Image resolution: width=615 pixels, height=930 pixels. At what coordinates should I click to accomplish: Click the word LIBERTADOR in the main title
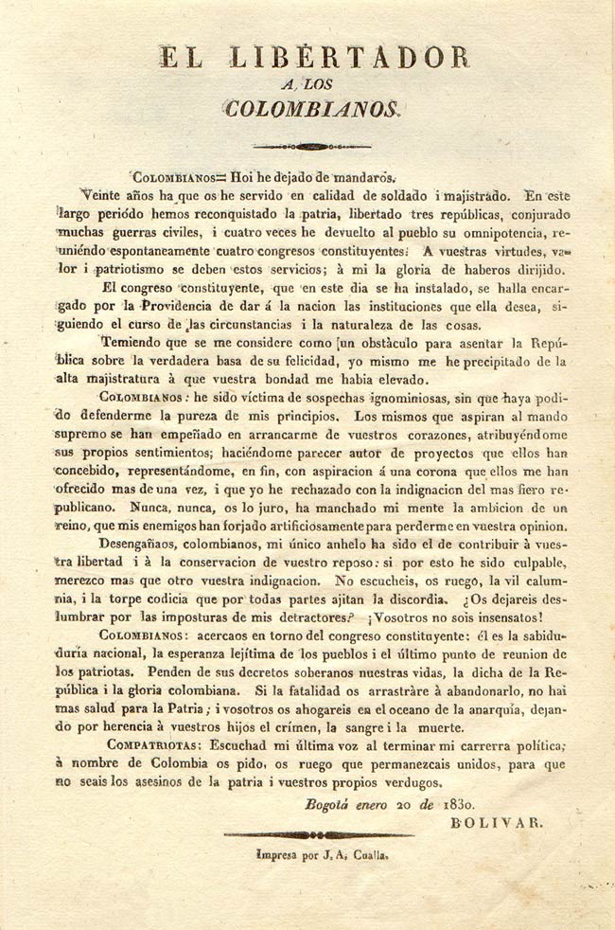point(351,58)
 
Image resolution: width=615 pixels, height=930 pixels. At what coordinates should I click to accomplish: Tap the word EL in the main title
point(180,58)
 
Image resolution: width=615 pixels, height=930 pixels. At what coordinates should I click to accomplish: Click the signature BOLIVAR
point(495,822)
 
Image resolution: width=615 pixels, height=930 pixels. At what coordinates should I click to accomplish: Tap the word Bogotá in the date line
point(331,804)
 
